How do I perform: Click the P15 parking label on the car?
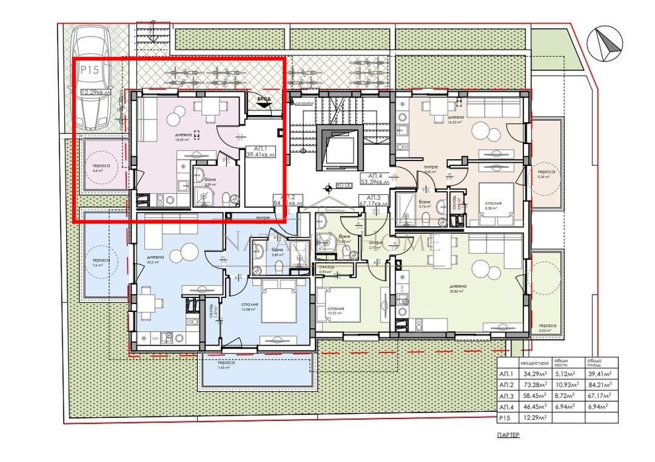(x=89, y=69)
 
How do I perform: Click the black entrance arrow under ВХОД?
(x=264, y=103)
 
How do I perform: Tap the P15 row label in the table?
(x=506, y=418)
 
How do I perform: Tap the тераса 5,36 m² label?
(x=545, y=173)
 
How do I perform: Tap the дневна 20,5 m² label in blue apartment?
(x=155, y=259)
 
